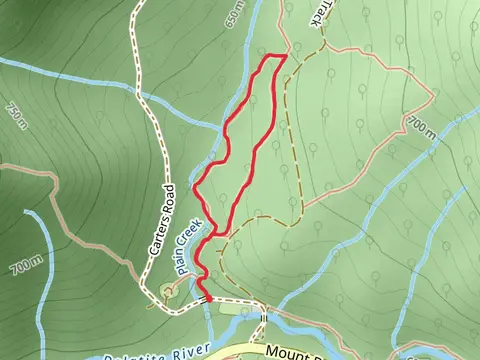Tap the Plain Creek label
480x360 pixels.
[190, 244]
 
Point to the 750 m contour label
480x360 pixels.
[16, 117]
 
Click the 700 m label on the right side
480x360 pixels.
[422, 126]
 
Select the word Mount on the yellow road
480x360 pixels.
[289, 352]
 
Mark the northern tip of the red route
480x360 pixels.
[284, 58]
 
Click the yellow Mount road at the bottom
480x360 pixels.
[250, 350]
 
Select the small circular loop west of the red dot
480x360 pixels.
[167, 290]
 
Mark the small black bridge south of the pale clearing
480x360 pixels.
[263, 319]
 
